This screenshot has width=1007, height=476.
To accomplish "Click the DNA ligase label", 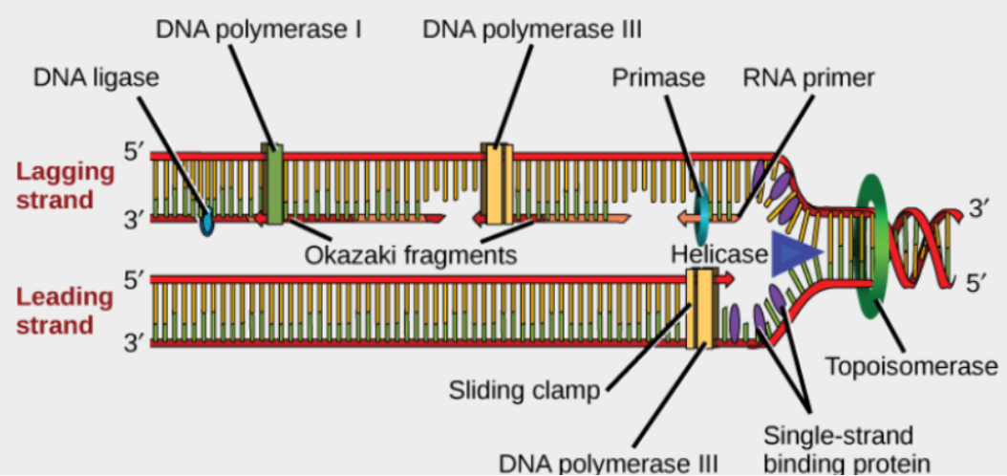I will (x=96, y=77).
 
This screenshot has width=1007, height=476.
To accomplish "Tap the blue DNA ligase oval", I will (x=206, y=222).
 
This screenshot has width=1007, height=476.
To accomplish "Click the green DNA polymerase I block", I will (x=274, y=184).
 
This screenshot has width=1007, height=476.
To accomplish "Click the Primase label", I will (x=658, y=77).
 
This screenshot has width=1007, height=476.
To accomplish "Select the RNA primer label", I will (x=808, y=77).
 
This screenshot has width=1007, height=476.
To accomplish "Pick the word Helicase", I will (x=719, y=254).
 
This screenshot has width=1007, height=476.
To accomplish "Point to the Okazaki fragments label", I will (x=411, y=255).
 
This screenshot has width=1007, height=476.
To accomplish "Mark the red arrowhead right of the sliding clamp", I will (x=727, y=278).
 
